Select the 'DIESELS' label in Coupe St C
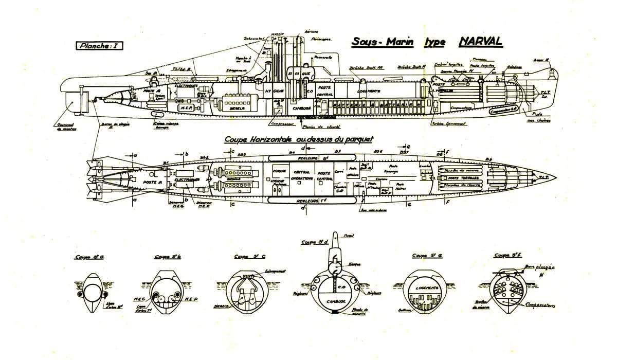pyautogui.click(x=221, y=304)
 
